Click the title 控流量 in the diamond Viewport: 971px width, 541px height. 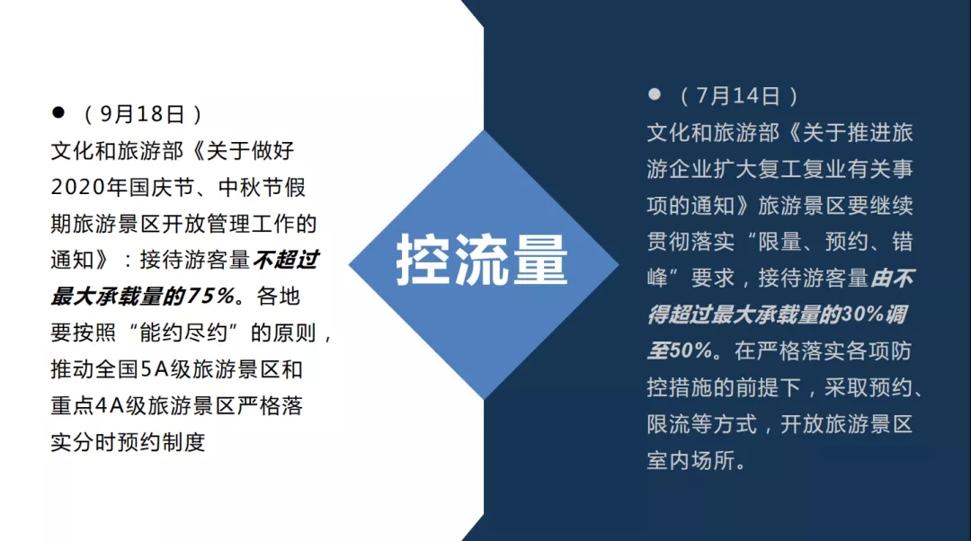(x=482, y=260)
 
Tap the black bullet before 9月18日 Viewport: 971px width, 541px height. (x=58, y=112)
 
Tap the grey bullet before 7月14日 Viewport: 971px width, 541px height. (x=654, y=94)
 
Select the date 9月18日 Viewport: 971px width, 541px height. (x=142, y=114)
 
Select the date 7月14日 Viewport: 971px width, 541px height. (x=737, y=96)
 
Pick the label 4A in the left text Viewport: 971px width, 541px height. (x=111, y=406)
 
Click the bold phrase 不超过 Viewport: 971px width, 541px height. (x=286, y=260)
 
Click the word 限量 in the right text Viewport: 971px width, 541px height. (x=779, y=242)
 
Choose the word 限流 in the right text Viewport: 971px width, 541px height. (x=669, y=424)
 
